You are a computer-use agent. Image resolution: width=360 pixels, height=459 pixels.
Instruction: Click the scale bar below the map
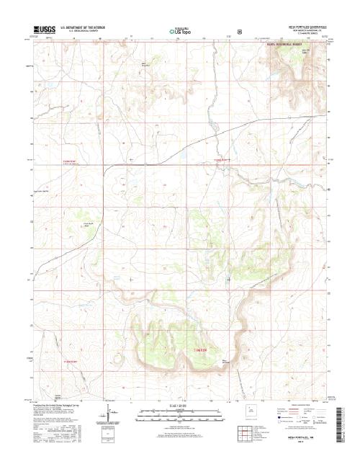coord(179,417)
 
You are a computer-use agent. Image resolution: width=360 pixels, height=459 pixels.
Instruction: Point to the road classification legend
coord(302,415)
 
